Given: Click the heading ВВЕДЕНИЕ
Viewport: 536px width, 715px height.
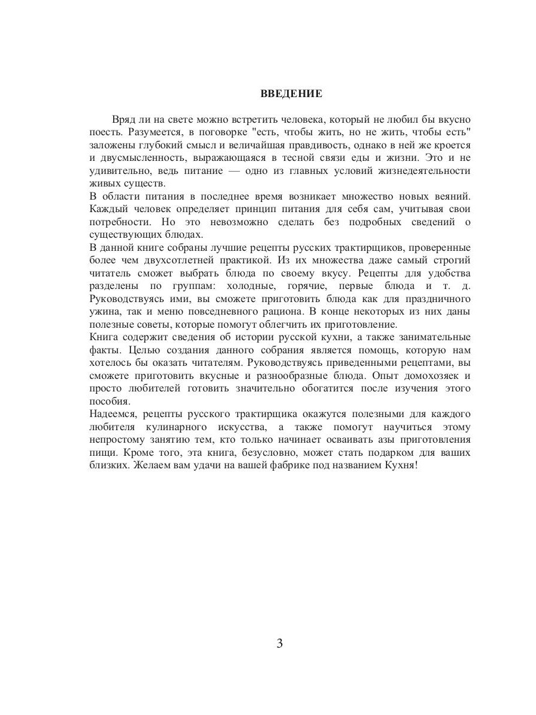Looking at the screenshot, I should pyautogui.click(x=291, y=94).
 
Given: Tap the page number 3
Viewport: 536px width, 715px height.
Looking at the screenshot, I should pyautogui.click(x=279, y=643).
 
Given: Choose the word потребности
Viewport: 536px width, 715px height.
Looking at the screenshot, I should pyautogui.click(x=117, y=222).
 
